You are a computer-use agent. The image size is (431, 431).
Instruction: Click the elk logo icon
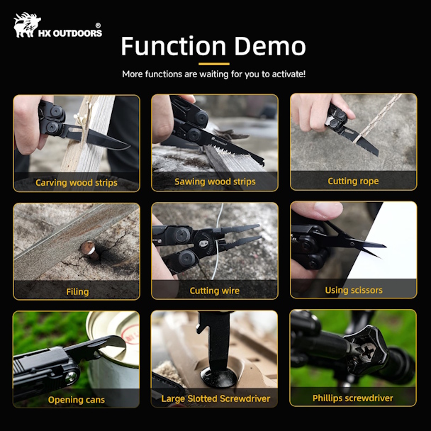pyautogui.click(x=27, y=25)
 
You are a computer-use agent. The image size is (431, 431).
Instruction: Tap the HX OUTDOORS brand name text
pyautogui.click(x=70, y=33)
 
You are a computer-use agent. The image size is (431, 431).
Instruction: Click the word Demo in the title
pyautogui.click(x=269, y=46)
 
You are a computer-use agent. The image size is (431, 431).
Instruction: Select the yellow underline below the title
pyautogui.click(x=214, y=64)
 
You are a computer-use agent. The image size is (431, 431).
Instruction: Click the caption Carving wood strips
pyautogui.click(x=77, y=183)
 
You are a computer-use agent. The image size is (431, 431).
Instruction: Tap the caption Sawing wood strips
pyautogui.click(x=215, y=181)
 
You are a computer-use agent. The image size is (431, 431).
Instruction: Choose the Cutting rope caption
pyautogui.click(x=353, y=181)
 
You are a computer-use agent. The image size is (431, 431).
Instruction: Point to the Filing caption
pyautogui.click(x=77, y=291)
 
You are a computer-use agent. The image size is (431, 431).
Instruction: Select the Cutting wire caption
pyautogui.click(x=214, y=291)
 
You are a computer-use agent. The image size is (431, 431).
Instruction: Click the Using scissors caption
pyautogui.click(x=354, y=290)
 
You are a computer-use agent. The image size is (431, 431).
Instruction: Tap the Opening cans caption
pyautogui.click(x=77, y=400)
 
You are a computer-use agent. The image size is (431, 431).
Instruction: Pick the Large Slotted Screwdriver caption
pyautogui.click(x=216, y=398)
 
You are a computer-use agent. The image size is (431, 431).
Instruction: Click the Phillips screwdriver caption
pyautogui.click(x=352, y=398)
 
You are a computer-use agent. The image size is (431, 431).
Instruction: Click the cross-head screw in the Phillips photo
pyautogui.click(x=368, y=351)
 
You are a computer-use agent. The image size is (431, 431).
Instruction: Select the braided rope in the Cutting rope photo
pyautogui.click(x=377, y=118)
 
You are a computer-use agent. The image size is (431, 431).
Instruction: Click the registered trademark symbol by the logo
pyautogui.click(x=98, y=26)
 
